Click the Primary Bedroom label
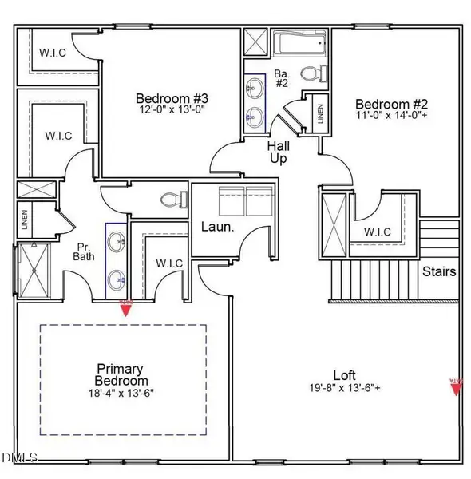[120, 374]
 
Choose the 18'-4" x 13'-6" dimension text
[121, 393]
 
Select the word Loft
[345, 375]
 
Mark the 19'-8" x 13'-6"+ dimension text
[345, 388]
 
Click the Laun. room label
[216, 228]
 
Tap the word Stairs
[440, 272]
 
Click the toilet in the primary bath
[169, 200]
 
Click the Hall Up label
[277, 152]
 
